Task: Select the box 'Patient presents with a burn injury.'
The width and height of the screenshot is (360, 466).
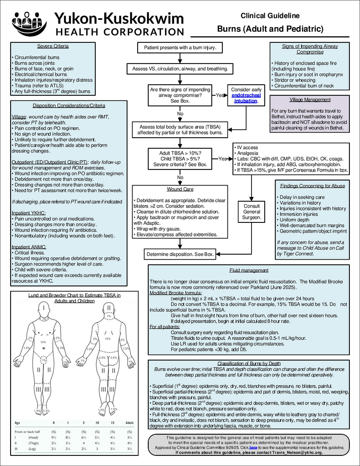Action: coord(180,48)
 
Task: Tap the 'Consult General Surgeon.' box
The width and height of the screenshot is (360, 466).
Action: coord(252,211)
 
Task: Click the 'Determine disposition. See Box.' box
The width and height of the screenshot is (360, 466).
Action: coord(180,254)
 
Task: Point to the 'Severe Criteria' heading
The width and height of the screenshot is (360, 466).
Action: coord(53,46)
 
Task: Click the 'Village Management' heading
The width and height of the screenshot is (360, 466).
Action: coord(310,100)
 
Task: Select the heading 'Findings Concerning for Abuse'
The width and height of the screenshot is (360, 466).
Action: coord(313,186)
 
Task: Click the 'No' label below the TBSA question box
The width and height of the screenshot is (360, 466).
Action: coord(180,177)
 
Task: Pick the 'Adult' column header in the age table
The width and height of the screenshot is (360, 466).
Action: coord(129,423)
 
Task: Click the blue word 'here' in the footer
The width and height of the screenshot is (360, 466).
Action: coord(253,447)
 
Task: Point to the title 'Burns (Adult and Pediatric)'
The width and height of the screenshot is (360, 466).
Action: coord(270,29)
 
